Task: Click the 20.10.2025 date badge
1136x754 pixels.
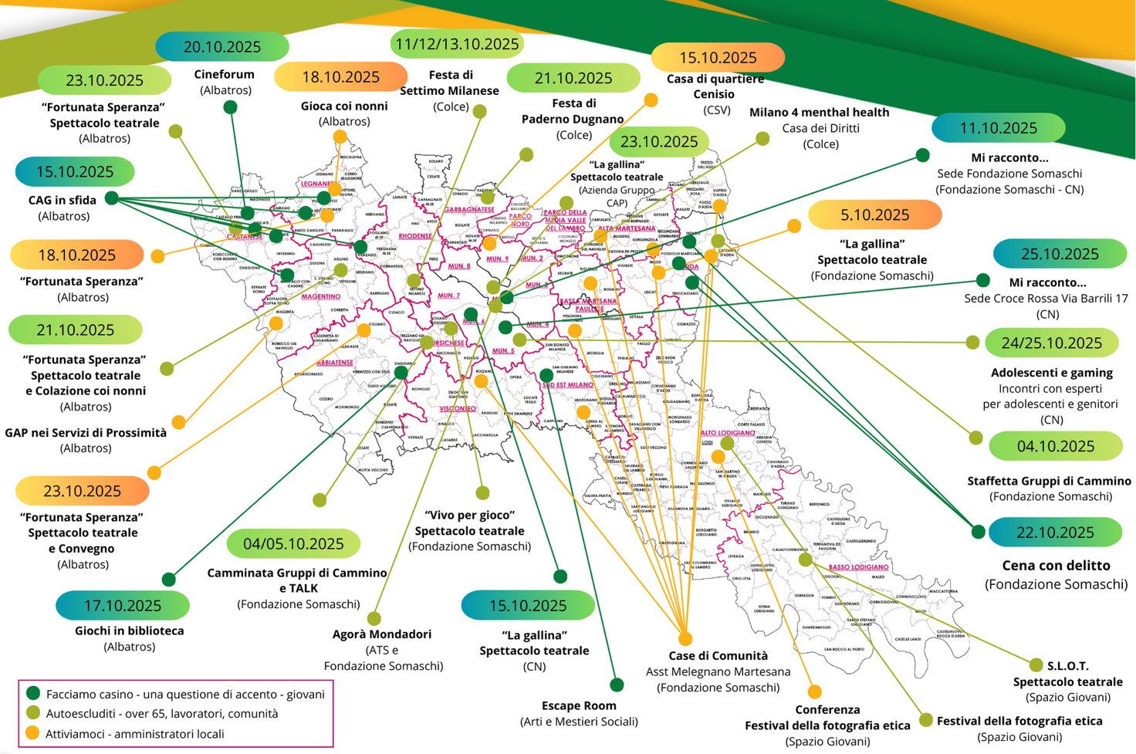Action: click(x=221, y=47)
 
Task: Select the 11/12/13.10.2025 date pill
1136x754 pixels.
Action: click(x=457, y=44)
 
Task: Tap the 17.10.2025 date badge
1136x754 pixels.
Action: click(x=123, y=606)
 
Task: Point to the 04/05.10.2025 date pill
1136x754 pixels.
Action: click(x=293, y=544)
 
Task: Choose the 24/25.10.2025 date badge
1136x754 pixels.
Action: click(x=1051, y=343)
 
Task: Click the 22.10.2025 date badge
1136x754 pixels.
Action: click(x=1054, y=533)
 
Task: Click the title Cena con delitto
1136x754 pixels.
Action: click(x=1056, y=566)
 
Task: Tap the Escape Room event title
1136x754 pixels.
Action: click(x=579, y=705)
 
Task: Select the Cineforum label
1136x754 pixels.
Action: click(x=224, y=75)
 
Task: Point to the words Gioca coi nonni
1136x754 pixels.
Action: click(x=344, y=106)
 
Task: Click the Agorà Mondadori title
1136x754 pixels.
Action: click(x=382, y=634)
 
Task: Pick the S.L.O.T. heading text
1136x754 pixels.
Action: click(x=1067, y=666)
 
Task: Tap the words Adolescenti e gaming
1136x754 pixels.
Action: click(x=1051, y=373)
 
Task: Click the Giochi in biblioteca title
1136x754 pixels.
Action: click(x=129, y=631)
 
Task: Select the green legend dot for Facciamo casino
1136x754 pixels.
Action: click(x=32, y=694)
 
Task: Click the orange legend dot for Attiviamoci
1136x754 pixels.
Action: click(x=32, y=733)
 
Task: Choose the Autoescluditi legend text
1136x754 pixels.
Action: click(x=162, y=714)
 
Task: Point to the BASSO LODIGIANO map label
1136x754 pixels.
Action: click(x=858, y=567)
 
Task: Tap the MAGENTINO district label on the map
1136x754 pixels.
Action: click(x=321, y=296)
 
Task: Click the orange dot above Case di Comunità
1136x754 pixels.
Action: click(x=685, y=638)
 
